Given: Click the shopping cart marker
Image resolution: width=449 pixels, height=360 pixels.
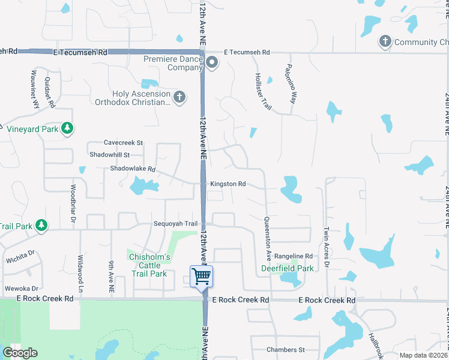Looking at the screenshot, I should [x=202, y=277].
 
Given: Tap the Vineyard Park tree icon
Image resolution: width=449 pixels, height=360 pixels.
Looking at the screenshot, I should [x=68, y=128].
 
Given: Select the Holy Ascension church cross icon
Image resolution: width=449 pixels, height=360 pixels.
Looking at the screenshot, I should [x=179, y=97].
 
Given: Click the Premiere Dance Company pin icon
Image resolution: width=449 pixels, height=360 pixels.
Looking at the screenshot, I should [x=211, y=63].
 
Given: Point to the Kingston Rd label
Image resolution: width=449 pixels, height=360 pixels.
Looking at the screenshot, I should [x=228, y=184].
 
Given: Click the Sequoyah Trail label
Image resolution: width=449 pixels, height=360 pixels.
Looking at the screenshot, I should [x=174, y=224].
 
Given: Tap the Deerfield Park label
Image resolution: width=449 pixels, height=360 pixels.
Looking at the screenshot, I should [x=288, y=268].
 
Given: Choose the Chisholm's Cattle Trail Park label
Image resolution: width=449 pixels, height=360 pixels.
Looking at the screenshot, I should [x=150, y=265].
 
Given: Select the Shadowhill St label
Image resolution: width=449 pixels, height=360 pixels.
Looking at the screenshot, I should [x=109, y=155].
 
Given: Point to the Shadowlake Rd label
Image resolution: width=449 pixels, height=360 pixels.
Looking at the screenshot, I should [x=133, y=169].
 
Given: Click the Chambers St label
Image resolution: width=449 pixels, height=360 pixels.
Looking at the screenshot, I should [x=286, y=349].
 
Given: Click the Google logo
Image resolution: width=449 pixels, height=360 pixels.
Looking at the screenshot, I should [x=20, y=353].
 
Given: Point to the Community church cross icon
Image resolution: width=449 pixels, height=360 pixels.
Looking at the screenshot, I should [x=385, y=41].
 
